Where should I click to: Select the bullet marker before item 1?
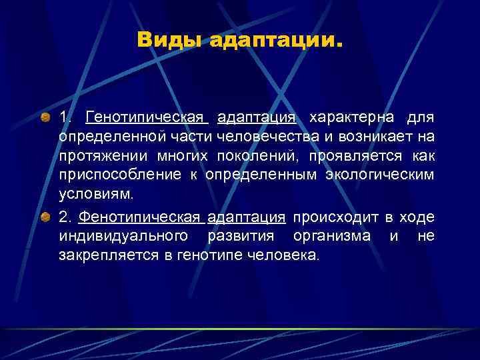click(x=45, y=118)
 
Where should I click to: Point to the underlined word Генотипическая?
click(x=146, y=118)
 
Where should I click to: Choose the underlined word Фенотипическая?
click(x=139, y=217)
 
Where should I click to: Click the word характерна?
click(x=347, y=118)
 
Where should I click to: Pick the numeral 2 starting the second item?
click(x=64, y=217)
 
